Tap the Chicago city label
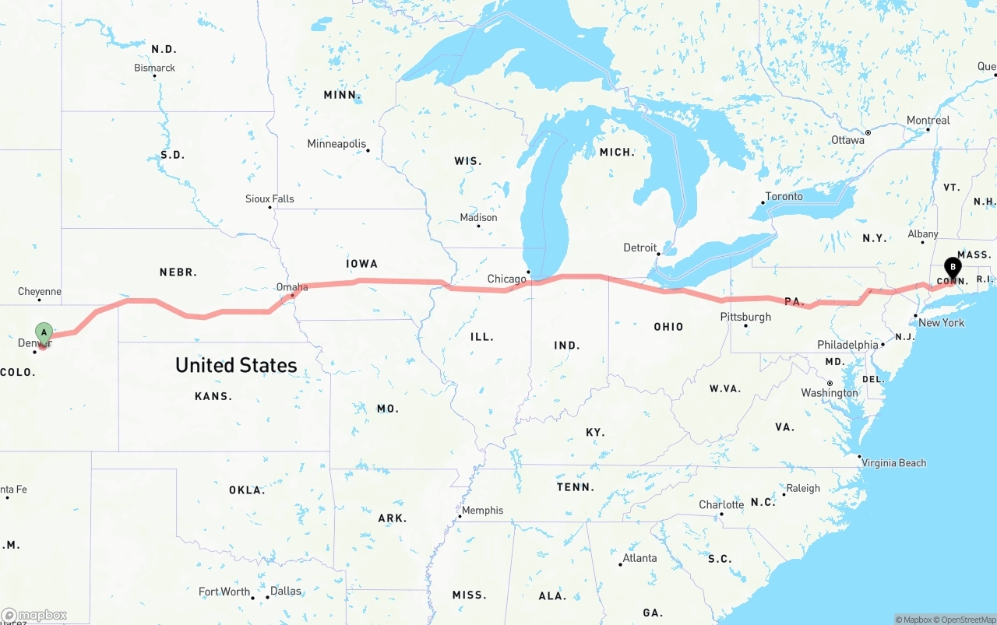tap(506, 279)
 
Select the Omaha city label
tap(292, 287)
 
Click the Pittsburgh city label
tap(745, 317)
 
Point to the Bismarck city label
tap(154, 68)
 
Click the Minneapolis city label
tap(336, 144)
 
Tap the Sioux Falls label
tap(270, 198)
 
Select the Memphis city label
tap(482, 511)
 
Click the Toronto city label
tap(784, 196)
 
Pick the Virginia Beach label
tap(893, 463)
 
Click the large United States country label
tap(236, 365)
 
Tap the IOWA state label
tap(361, 264)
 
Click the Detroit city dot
tap(658, 253)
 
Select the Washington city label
tap(829, 393)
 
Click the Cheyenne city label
tap(39, 292)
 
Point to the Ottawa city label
tap(847, 140)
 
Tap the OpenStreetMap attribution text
tap(963, 620)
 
